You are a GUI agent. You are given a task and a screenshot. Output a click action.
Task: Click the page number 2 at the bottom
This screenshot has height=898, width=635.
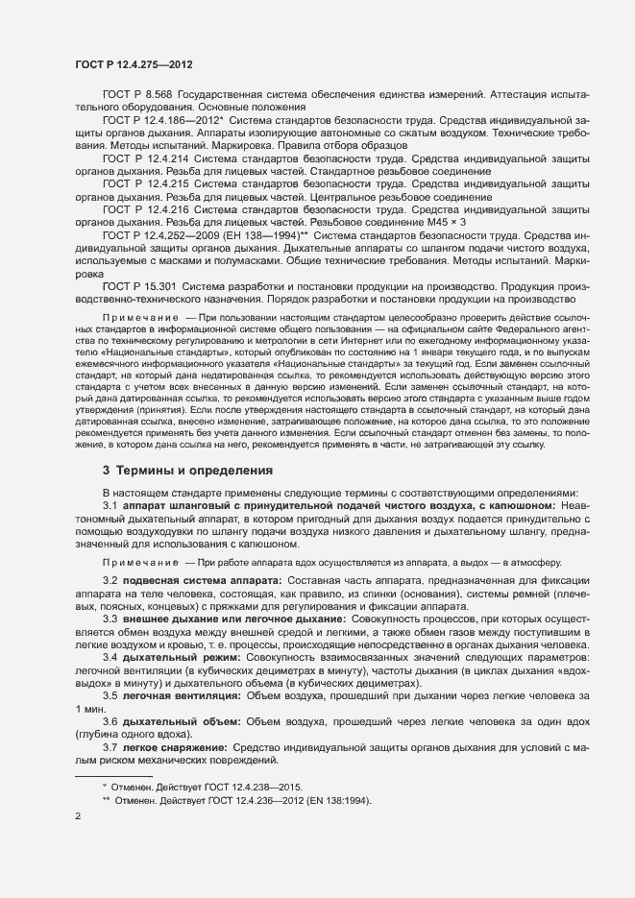(x=78, y=817)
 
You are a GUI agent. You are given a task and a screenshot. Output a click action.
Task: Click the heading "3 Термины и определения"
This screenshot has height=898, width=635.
(x=187, y=471)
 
